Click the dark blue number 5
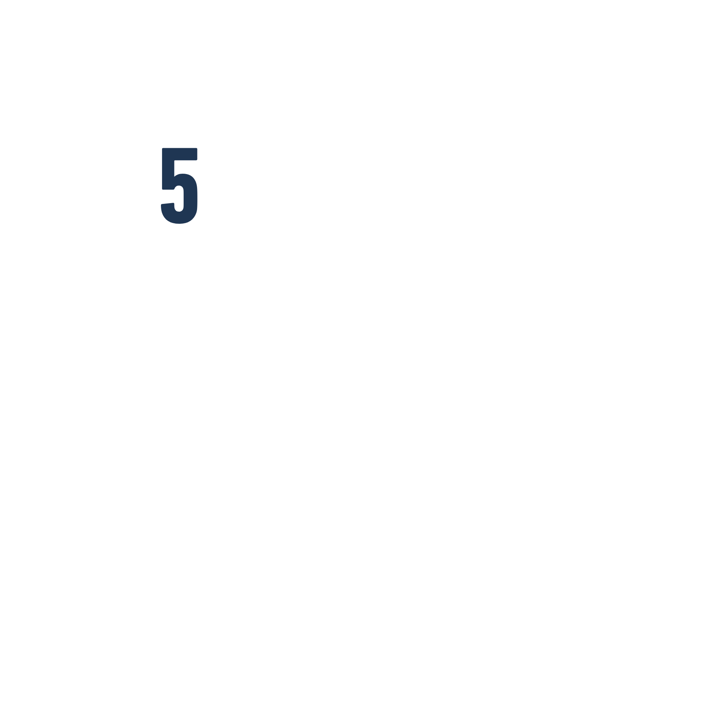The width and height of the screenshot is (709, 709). coord(179,185)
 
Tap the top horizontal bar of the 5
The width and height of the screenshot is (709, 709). coord(180,154)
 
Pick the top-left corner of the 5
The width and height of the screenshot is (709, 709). coord(163,149)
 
